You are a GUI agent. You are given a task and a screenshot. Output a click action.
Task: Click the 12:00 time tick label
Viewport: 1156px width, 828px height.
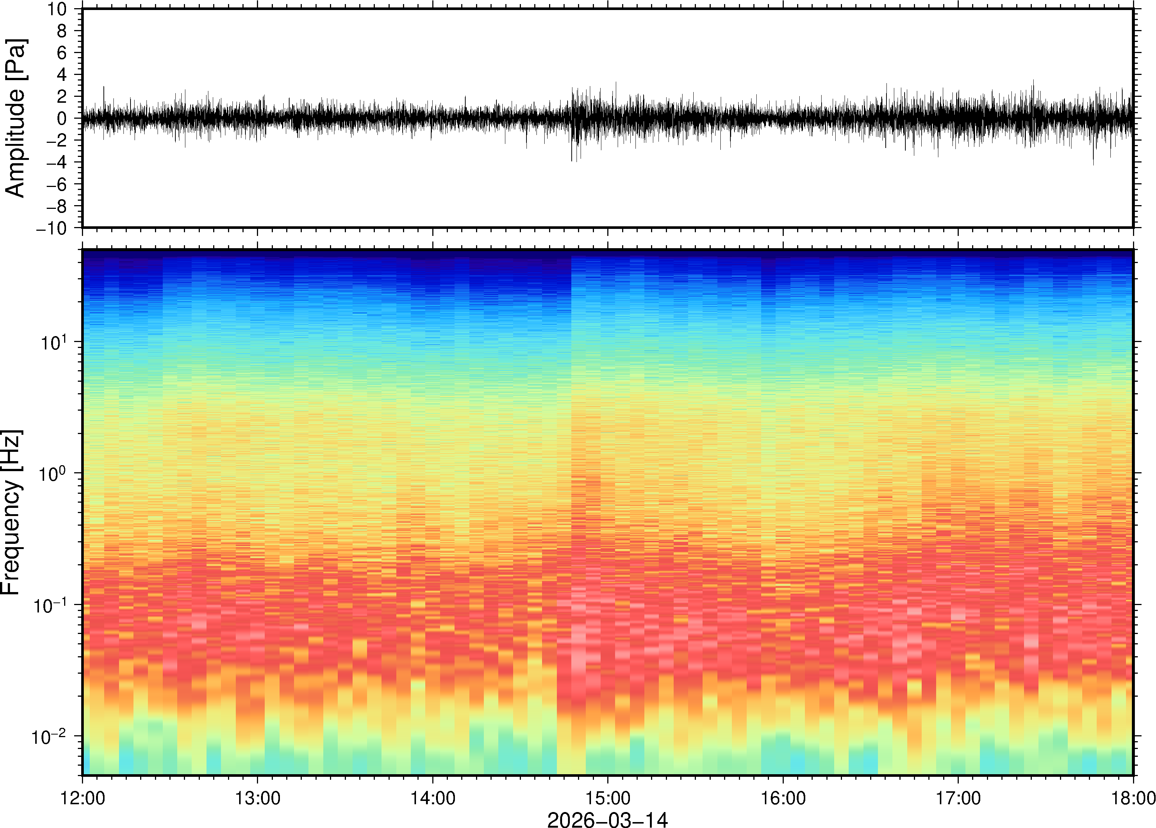[83, 798]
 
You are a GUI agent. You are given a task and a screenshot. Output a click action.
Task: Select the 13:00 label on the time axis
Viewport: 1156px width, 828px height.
[257, 798]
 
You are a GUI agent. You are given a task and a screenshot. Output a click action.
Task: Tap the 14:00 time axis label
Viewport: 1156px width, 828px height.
[433, 798]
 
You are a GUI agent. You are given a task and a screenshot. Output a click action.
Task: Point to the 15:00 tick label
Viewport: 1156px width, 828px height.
[608, 798]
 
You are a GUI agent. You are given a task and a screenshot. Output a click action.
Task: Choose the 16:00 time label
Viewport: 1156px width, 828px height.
[783, 798]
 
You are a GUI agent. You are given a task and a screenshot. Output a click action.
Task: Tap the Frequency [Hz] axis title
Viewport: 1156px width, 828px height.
[11, 512]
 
